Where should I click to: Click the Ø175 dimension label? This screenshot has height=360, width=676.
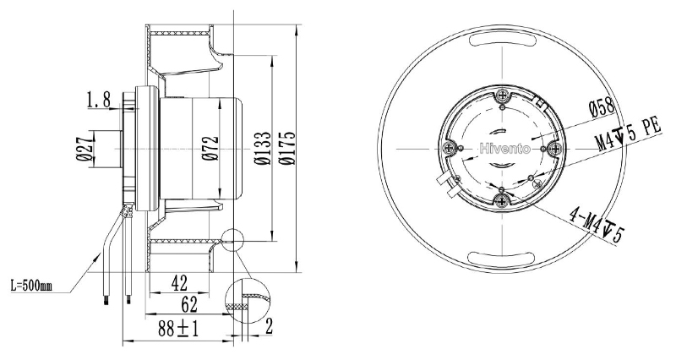[287, 148]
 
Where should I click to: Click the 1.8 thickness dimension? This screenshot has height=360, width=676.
[99, 100]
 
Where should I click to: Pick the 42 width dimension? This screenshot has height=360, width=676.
[180, 284]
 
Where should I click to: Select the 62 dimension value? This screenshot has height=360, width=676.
[189, 305]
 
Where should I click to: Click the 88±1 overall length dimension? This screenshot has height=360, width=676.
[178, 330]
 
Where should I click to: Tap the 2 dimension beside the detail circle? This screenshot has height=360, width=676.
[269, 326]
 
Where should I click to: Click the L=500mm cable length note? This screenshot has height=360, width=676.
[31, 286]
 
